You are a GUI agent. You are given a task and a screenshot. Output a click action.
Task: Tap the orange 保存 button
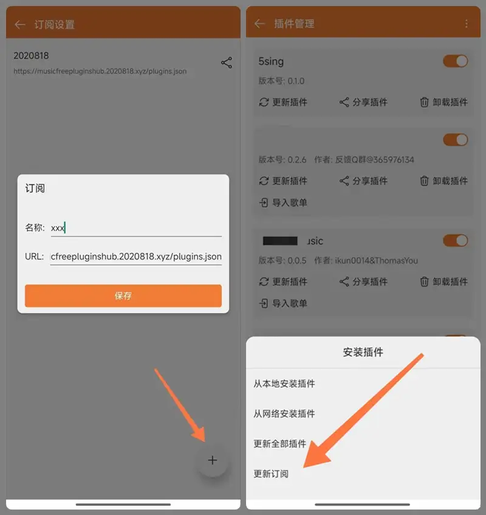(123, 296)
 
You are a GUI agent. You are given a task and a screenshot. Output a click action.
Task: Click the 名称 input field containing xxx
(135, 227)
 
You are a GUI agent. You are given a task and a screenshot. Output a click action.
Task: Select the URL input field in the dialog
(135, 257)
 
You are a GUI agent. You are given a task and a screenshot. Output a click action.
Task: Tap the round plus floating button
(212, 460)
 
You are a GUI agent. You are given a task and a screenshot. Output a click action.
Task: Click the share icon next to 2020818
(227, 63)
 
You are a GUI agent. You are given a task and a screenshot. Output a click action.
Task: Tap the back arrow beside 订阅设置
(20, 24)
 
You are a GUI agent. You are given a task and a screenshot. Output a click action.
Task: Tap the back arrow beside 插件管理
(260, 24)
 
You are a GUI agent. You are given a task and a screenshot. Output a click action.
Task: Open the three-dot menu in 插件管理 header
(467, 24)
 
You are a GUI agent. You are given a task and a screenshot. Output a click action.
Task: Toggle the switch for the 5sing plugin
(456, 61)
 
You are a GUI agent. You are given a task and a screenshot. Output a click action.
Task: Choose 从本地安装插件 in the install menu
(284, 384)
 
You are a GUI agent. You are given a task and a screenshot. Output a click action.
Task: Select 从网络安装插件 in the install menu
(284, 413)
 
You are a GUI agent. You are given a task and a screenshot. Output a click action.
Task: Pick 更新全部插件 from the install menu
(280, 444)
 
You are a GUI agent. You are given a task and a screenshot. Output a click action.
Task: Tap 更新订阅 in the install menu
(271, 474)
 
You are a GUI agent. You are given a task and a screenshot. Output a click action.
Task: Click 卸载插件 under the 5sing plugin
(444, 102)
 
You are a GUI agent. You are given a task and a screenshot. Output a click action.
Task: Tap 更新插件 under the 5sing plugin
(283, 102)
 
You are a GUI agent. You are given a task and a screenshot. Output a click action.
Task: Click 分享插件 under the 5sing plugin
(363, 102)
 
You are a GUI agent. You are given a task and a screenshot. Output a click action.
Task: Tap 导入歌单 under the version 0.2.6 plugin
(283, 202)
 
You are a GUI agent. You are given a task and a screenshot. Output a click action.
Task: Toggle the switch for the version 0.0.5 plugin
(456, 240)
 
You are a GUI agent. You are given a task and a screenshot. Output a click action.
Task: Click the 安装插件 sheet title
(363, 352)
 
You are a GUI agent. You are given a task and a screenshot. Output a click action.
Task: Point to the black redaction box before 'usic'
(280, 241)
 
